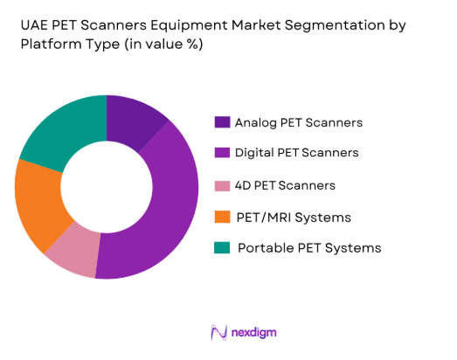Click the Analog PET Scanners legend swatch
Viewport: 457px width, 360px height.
tap(222, 122)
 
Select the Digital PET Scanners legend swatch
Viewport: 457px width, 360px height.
tap(222, 153)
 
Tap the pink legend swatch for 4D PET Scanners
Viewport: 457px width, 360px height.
tap(222, 185)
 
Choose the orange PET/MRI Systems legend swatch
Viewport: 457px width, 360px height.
tap(222, 217)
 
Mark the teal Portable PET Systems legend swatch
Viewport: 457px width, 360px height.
tap(222, 248)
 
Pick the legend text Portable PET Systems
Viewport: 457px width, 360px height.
tap(309, 248)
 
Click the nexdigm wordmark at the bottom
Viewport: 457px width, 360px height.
tap(259, 333)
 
